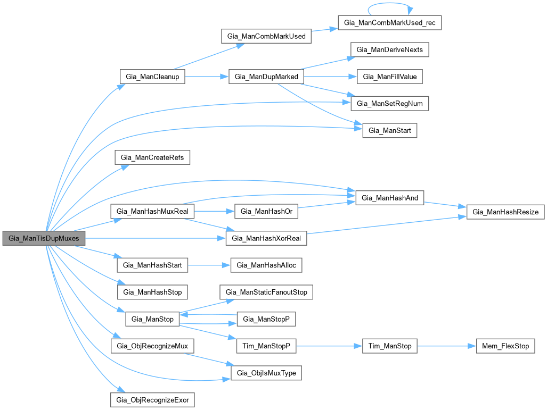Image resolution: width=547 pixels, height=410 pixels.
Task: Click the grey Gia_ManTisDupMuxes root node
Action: (44, 239)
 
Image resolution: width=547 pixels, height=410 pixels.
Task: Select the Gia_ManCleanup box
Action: (152, 77)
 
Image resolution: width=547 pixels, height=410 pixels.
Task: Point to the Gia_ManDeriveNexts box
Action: (389, 49)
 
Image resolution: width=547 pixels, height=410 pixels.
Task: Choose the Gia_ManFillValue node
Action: (389, 77)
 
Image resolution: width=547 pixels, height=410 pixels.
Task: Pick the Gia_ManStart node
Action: (389, 130)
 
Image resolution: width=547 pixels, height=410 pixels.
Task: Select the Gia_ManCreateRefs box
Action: (152, 158)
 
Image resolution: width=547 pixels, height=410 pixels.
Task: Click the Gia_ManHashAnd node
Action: (389, 198)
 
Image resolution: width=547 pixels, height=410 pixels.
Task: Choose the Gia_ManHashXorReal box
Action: (267, 238)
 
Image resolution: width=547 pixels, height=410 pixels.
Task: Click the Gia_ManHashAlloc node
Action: (267, 265)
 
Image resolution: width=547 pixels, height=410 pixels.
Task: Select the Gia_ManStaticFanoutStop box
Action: (267, 292)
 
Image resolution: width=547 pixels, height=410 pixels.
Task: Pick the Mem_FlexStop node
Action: (505, 346)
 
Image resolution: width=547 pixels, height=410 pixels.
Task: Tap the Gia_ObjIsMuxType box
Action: (267, 373)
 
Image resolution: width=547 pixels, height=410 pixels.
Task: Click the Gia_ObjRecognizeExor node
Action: (152, 399)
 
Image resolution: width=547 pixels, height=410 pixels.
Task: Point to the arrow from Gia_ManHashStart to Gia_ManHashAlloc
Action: (208, 265)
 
